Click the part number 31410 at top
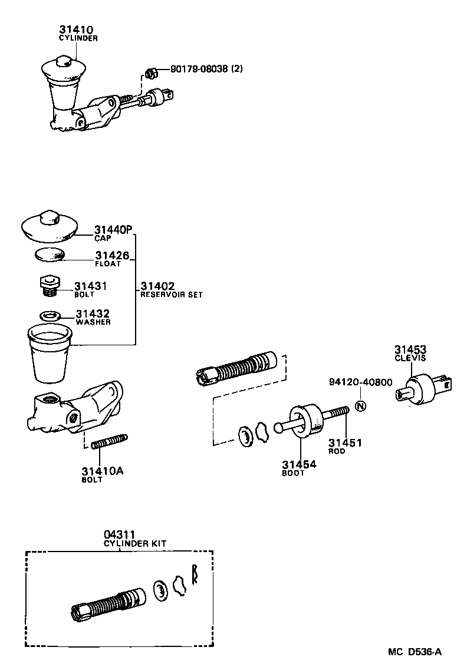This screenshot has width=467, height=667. [75, 29]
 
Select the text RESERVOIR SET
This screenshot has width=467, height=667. [171, 295]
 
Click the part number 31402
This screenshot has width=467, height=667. [157, 286]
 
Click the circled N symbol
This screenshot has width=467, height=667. [361, 405]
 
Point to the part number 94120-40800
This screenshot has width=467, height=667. [360, 382]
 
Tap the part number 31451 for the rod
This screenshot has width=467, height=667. [345, 443]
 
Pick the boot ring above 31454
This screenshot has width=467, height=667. [307, 420]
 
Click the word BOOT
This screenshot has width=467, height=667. [293, 473]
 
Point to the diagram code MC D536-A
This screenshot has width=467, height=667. [415, 652]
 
